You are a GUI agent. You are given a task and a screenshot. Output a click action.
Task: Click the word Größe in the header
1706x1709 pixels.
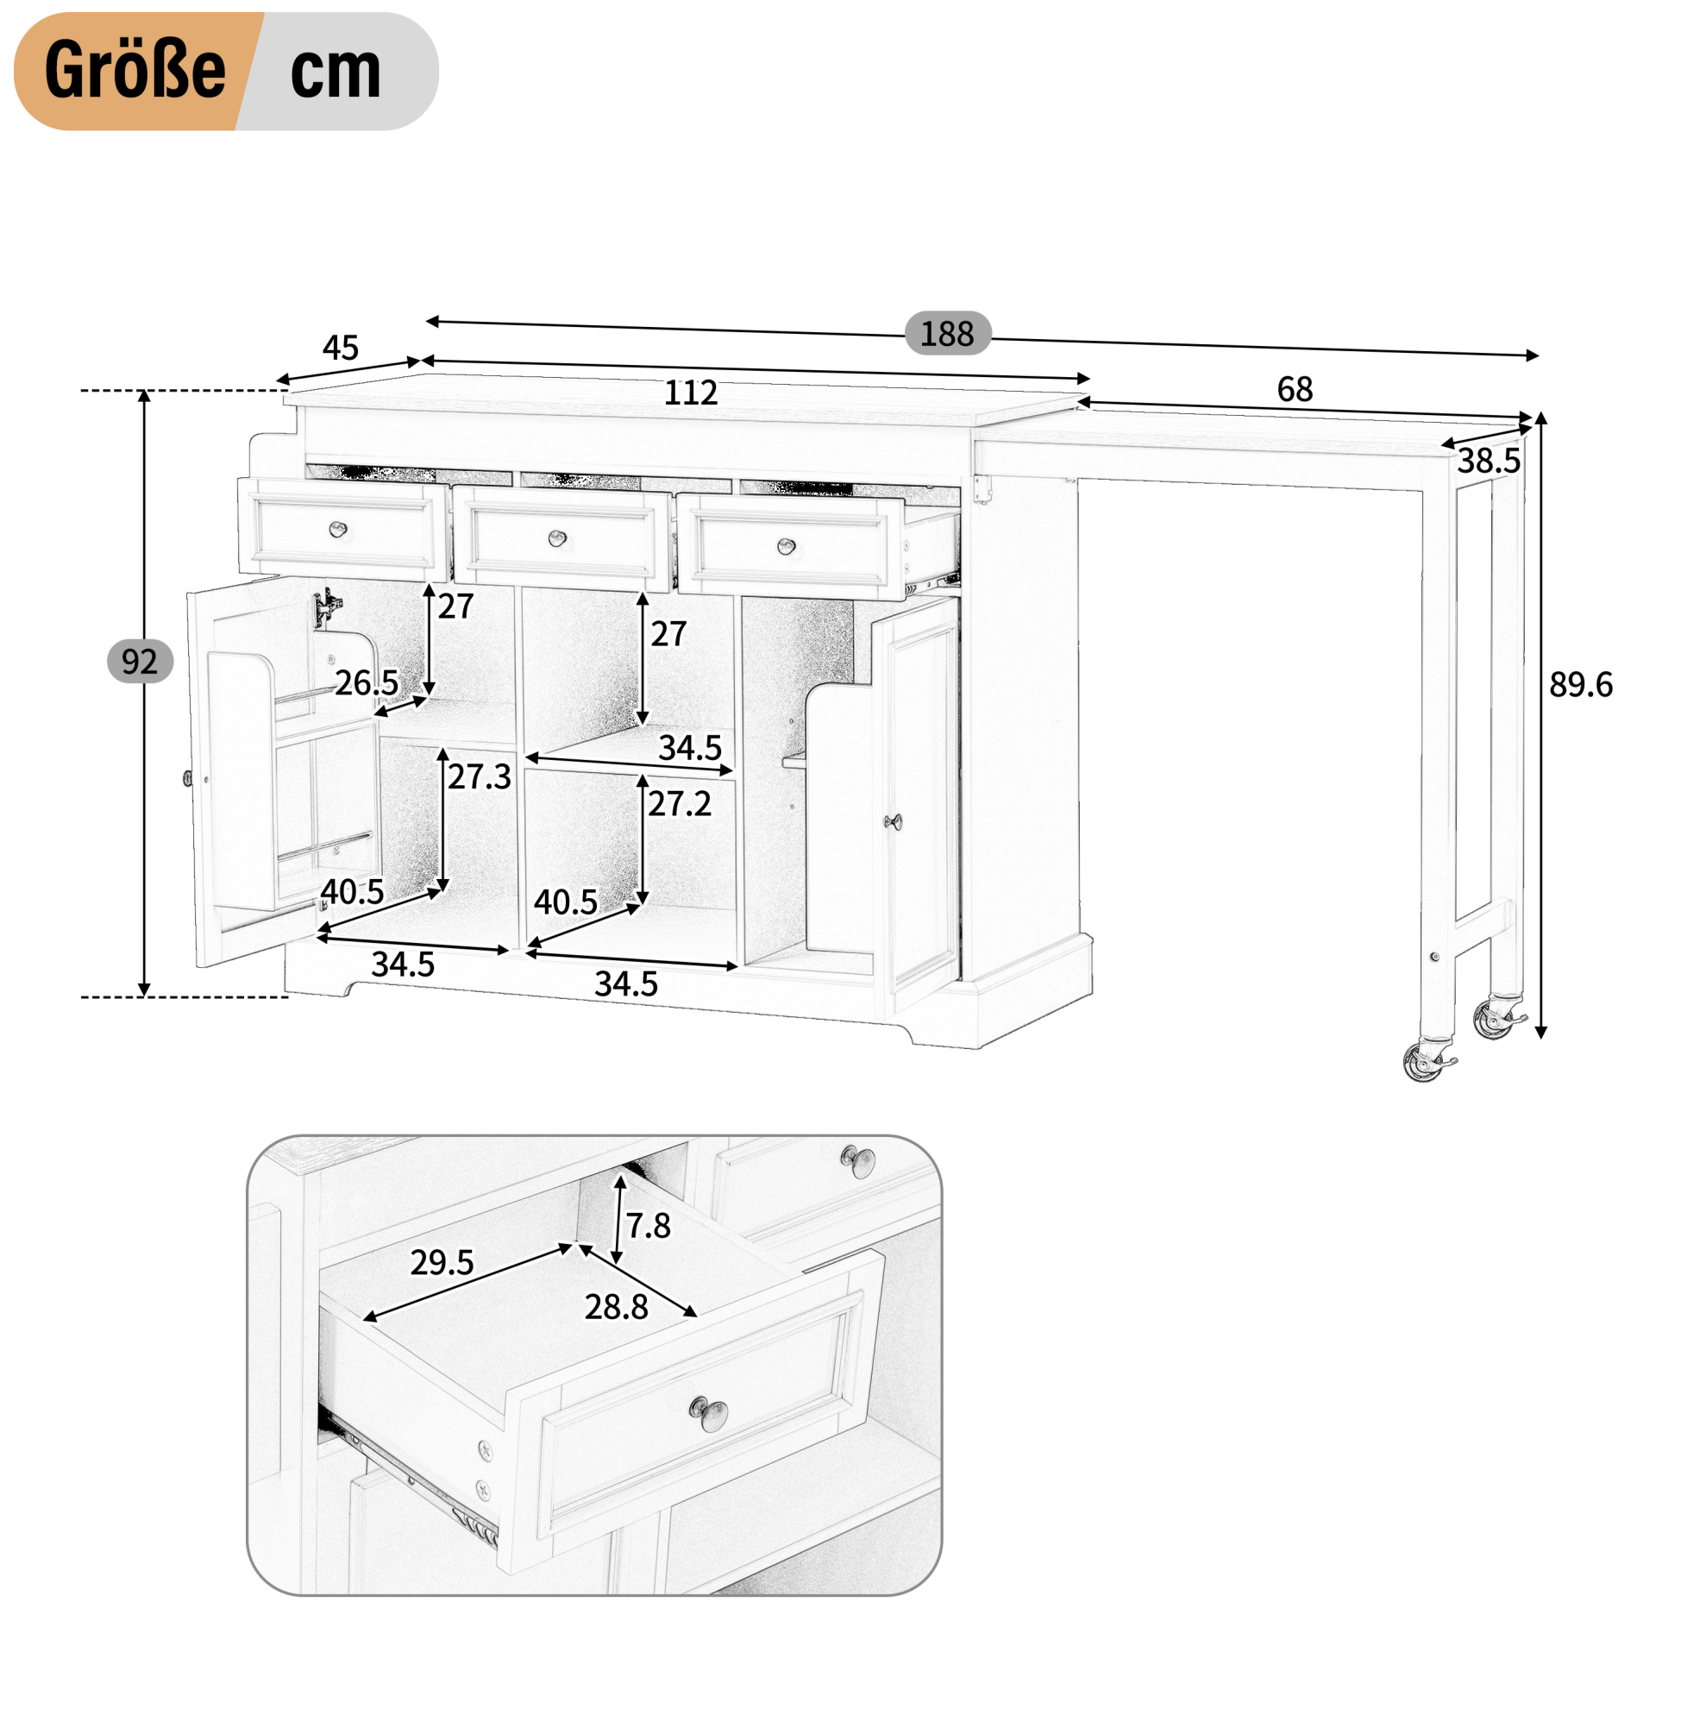pos(135,70)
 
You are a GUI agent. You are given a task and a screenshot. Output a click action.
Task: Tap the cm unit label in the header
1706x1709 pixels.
pos(336,72)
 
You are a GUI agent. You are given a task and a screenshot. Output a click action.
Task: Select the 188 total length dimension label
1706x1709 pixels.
pos(946,334)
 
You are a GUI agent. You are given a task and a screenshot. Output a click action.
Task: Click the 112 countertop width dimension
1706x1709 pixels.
pos(691,392)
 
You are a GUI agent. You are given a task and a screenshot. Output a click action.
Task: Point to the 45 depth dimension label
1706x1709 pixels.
pos(341,348)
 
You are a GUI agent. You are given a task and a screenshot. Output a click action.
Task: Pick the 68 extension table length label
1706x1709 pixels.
pos(1295,389)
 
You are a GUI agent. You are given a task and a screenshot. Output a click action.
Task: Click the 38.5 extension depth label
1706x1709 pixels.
pos(1490,461)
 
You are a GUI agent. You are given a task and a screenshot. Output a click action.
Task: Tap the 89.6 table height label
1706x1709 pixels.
pos(1580,685)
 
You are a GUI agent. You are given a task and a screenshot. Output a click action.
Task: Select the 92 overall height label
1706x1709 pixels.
pos(140,662)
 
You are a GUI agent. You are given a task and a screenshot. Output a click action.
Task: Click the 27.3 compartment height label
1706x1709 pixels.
pos(480,776)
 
